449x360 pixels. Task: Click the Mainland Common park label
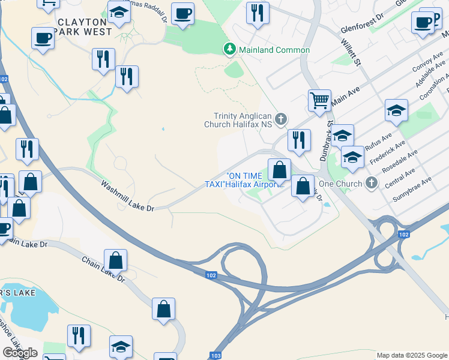[x=275, y=50]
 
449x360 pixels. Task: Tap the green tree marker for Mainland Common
[x=229, y=49]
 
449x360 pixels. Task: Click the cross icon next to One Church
[x=372, y=182]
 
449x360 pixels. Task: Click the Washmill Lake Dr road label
[x=128, y=196]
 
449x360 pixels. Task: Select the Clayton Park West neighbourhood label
[x=83, y=26]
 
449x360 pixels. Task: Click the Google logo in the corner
[x=20, y=353]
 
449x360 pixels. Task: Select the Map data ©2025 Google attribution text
[x=411, y=355]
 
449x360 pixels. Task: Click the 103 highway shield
[x=215, y=355]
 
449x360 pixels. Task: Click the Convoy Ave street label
[x=427, y=65]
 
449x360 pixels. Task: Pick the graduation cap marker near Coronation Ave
[x=396, y=110]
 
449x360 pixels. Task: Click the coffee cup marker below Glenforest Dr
[x=423, y=23]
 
